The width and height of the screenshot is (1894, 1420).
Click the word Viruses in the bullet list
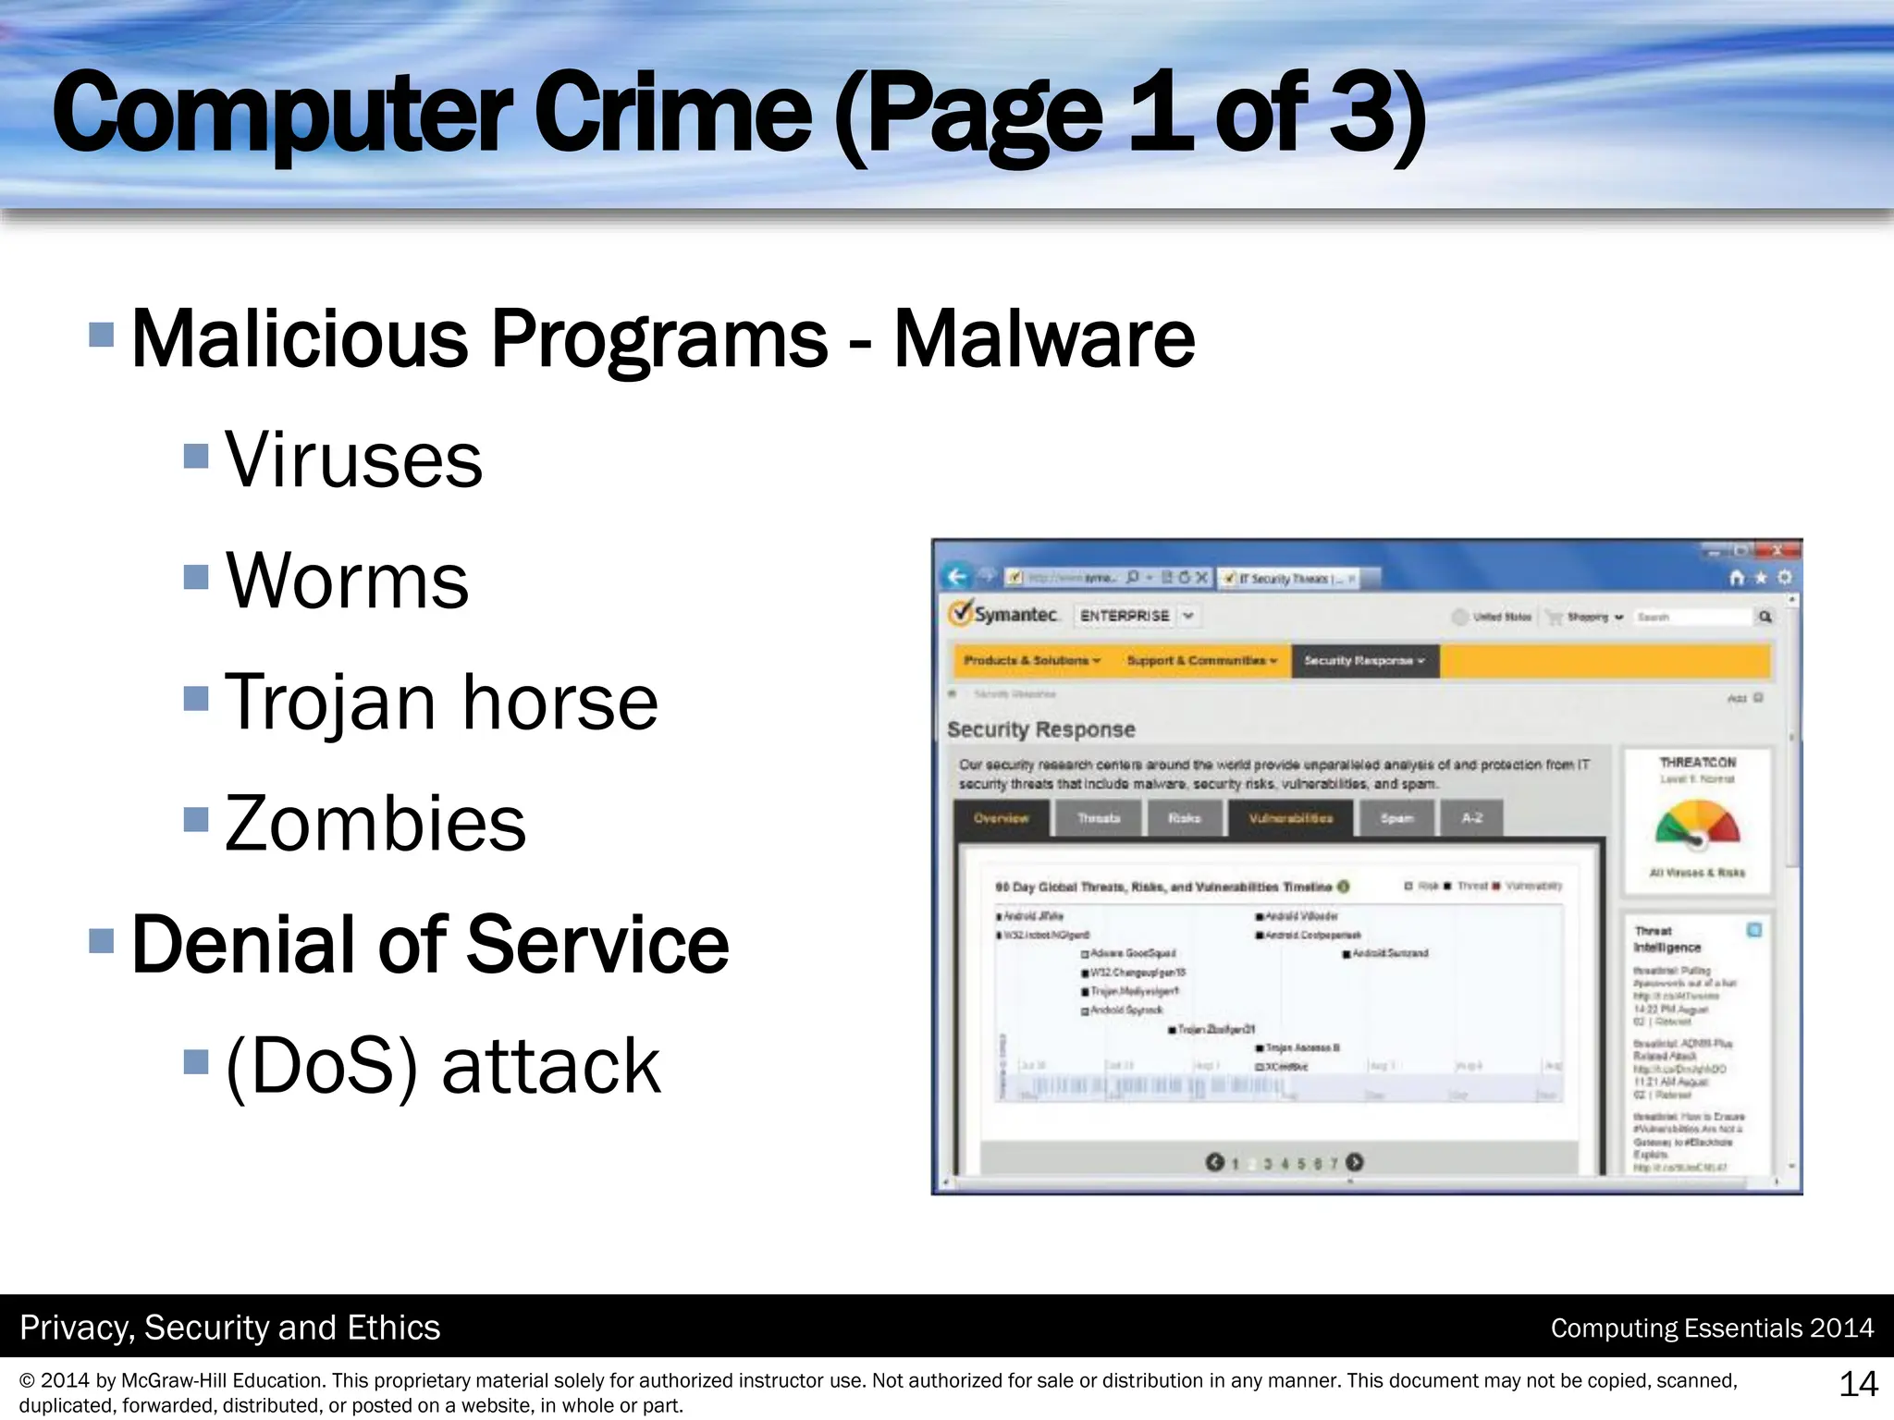pyautogui.click(x=353, y=459)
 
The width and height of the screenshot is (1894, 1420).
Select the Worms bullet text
pyautogui.click(x=347, y=581)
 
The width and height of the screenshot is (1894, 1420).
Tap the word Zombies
pyautogui.click(x=375, y=823)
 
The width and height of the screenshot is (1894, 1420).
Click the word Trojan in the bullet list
pyautogui.click(x=329, y=703)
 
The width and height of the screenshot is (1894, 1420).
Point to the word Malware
pyautogui.click(x=1044, y=338)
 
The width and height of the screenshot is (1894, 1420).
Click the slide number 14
pyautogui.click(x=1858, y=1384)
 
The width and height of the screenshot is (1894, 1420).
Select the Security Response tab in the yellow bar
pyautogui.click(x=1364, y=660)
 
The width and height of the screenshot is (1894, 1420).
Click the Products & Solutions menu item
pyautogui.click(x=1032, y=660)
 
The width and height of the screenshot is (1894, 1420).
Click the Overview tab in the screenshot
pyautogui.click(x=1002, y=818)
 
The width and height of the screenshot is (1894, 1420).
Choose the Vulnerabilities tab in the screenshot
pyautogui.click(x=1290, y=818)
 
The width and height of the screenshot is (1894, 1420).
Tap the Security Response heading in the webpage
pyautogui.click(x=1040, y=729)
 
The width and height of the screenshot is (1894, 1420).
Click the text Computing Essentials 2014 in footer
pyautogui.click(x=1712, y=1328)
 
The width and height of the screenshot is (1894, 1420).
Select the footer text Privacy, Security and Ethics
pyautogui.click(x=230, y=1328)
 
